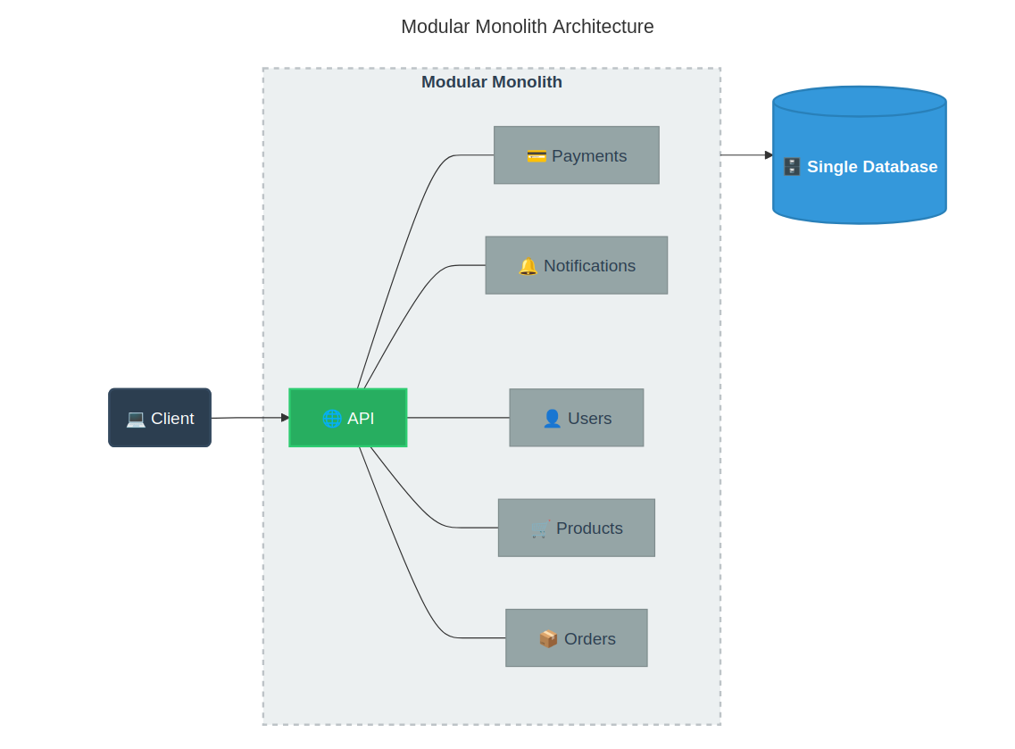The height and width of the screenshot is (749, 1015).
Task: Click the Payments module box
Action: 576,155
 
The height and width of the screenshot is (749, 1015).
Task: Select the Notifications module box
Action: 576,265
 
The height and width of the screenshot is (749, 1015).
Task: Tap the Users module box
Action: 576,418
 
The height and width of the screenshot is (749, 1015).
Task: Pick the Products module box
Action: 576,528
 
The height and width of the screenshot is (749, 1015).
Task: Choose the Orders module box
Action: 576,638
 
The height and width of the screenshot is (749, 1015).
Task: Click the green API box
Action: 347,418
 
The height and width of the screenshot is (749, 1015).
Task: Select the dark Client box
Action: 160,418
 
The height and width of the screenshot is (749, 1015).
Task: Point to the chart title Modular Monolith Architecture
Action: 527,27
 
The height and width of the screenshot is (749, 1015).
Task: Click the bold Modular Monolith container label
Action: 491,82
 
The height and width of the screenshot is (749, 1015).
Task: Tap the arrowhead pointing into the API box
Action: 285,418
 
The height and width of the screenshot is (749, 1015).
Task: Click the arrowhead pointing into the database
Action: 769,155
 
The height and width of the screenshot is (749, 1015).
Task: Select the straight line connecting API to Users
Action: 458,418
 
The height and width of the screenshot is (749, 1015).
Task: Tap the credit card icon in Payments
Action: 537,156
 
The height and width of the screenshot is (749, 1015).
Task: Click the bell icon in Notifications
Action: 528,266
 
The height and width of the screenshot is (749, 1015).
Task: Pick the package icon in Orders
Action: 548,639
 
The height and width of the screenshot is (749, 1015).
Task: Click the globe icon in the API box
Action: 332,419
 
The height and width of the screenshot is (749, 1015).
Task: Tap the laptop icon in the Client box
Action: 136,419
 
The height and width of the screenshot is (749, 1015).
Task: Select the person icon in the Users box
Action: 552,419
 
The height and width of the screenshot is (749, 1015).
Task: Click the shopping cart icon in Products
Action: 540,528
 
